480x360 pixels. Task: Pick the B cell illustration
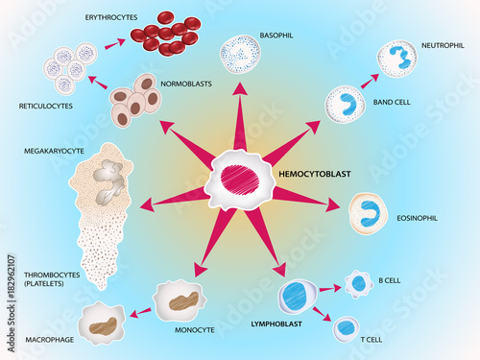[x=359, y=282]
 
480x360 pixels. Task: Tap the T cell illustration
[x=347, y=328]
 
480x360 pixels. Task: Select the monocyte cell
[x=179, y=300]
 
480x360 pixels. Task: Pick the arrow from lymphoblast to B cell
[x=329, y=287]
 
